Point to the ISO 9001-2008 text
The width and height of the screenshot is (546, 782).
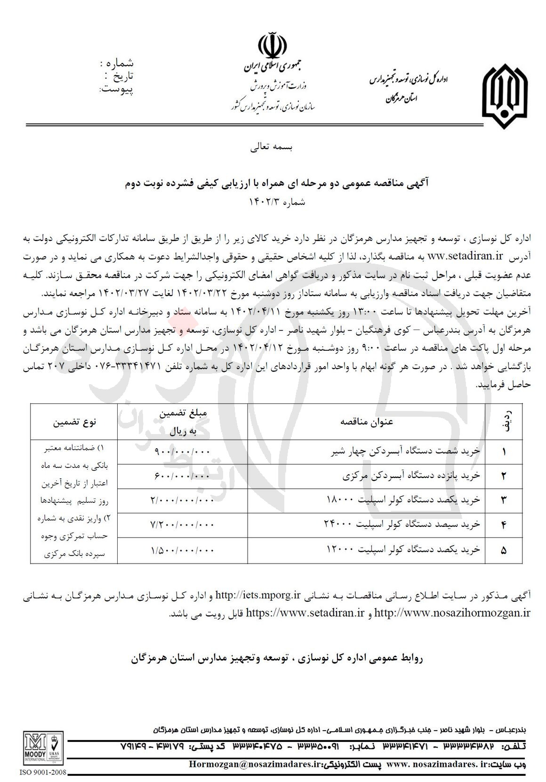pos(42,773)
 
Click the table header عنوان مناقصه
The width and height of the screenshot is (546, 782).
pos(367,421)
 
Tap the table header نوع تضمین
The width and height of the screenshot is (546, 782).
pos(74,422)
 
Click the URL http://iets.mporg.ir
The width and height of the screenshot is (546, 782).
pos(258,595)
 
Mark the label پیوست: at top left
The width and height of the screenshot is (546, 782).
pos(116,89)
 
